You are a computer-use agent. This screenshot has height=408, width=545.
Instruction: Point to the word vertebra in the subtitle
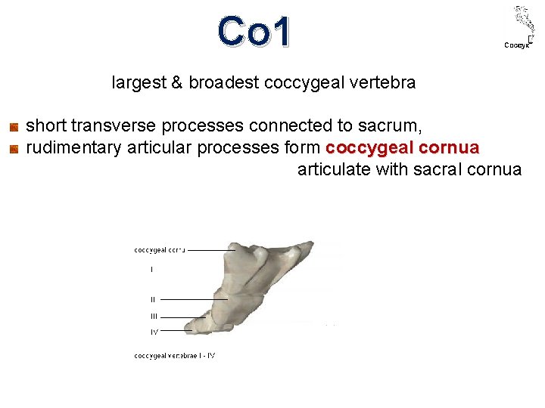point(384,82)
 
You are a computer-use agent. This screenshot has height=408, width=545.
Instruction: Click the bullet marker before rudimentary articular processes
point(13,148)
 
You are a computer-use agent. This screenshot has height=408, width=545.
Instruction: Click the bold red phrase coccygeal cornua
point(402,147)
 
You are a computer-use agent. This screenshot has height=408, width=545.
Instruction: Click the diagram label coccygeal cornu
point(159,249)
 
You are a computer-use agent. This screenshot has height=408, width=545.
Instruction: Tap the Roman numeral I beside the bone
point(151,269)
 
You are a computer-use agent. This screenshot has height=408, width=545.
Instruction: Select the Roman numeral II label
point(152,299)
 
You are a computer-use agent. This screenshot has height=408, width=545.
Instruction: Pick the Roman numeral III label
point(153,317)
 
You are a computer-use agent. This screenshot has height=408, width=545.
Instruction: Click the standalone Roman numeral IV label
point(154,331)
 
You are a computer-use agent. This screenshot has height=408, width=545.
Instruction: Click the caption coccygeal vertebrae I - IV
point(175,355)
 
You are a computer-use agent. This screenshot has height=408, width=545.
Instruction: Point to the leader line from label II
point(193,299)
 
